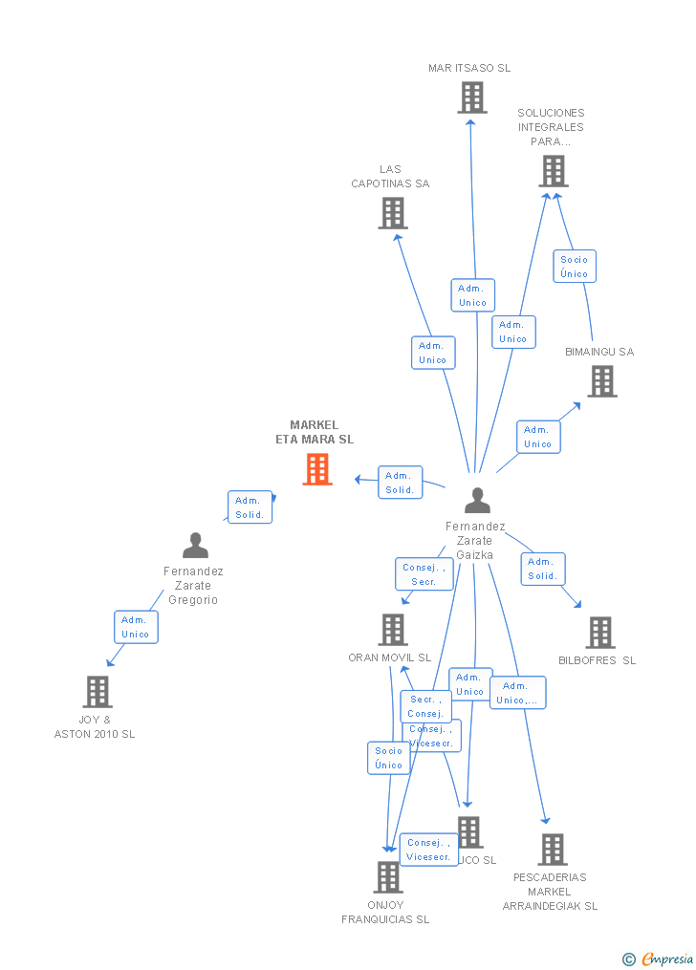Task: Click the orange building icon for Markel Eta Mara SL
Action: (x=317, y=469)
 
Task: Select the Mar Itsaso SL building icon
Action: (x=471, y=97)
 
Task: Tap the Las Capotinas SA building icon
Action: (x=393, y=213)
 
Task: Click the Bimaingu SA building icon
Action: (x=601, y=381)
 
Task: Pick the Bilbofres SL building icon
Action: (x=599, y=633)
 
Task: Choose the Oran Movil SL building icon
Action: (x=392, y=630)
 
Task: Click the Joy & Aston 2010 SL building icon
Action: (x=98, y=692)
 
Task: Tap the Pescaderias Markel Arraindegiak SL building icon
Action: (x=552, y=850)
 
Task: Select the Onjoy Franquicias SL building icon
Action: (x=387, y=877)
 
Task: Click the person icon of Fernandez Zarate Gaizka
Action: (x=477, y=501)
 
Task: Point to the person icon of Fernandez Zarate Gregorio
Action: (x=195, y=546)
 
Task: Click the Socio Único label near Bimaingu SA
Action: (x=575, y=267)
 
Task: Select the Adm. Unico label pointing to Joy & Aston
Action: (x=135, y=627)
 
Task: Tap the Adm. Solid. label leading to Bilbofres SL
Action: (x=542, y=569)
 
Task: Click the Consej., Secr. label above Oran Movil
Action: (x=424, y=574)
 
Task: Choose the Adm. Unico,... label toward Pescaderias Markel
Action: (x=518, y=693)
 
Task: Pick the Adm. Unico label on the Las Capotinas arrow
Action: (x=432, y=353)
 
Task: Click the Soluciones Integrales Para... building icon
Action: (x=553, y=171)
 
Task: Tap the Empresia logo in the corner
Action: (x=660, y=959)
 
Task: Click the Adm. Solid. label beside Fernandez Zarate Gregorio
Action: (x=250, y=507)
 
